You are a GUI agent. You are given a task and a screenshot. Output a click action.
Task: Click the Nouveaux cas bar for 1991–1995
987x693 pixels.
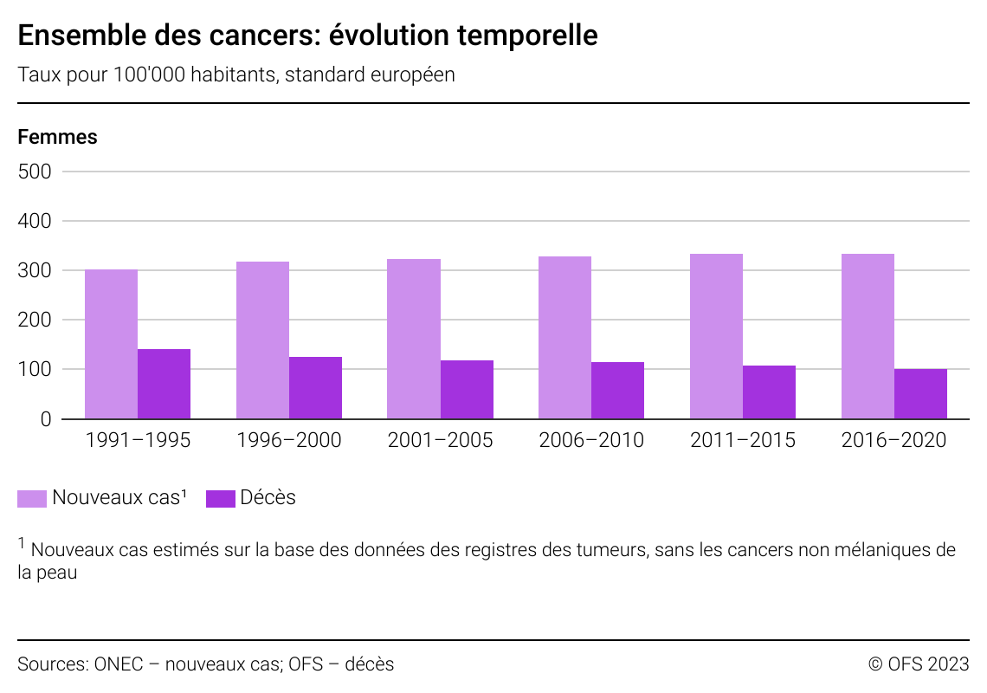[111, 344]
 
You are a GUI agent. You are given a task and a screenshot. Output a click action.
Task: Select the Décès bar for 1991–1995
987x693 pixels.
[164, 384]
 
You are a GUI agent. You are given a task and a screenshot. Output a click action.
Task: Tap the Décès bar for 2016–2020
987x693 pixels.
[920, 394]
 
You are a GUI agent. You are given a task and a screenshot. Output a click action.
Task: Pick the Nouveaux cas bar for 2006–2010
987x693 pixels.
[564, 338]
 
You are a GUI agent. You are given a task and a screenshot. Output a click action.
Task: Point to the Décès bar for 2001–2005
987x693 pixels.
[467, 390]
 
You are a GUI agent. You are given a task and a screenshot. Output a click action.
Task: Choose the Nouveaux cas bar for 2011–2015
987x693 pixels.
[716, 336]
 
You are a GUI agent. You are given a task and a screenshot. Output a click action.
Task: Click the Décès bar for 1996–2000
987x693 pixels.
[315, 387]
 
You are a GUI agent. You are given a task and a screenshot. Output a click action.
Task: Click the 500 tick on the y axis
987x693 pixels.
[35, 172]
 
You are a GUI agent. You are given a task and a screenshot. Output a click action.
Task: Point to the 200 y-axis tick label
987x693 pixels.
[35, 320]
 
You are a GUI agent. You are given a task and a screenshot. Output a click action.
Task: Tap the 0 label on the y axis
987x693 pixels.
[46, 419]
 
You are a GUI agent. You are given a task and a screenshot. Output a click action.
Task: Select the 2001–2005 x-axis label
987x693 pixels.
[440, 440]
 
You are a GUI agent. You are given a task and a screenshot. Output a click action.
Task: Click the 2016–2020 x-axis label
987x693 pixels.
[893, 440]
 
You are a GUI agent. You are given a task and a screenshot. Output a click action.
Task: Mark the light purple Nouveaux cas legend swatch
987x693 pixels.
[32, 499]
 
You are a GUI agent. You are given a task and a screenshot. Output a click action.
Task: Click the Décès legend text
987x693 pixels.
[268, 498]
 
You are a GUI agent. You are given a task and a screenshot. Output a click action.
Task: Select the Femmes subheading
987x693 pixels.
[57, 137]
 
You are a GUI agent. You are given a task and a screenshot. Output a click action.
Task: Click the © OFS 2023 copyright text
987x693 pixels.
[918, 664]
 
